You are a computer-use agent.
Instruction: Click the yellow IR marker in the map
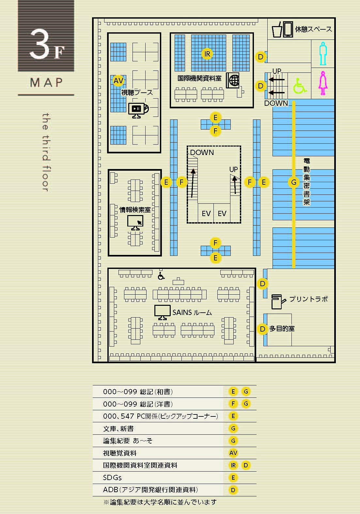tap(207, 54)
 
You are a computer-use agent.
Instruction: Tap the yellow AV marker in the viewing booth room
tap(118, 81)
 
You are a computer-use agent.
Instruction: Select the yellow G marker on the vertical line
tap(294, 182)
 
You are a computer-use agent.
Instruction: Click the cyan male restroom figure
tap(323, 54)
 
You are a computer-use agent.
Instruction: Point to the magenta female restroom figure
tap(323, 83)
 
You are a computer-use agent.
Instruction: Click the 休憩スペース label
tap(313, 29)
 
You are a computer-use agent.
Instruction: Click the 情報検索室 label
tap(135, 210)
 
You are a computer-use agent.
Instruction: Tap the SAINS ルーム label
tap(192, 312)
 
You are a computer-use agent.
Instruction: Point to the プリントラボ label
tap(309, 299)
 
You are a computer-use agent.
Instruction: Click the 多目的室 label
tap(282, 329)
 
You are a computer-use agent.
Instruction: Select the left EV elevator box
tap(206, 213)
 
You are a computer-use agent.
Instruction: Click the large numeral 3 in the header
tap(39, 43)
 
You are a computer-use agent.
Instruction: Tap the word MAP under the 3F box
tap(46, 82)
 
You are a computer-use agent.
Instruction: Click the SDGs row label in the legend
tap(112, 477)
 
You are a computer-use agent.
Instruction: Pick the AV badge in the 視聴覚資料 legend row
tap(233, 453)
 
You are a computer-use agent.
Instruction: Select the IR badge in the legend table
tap(233, 465)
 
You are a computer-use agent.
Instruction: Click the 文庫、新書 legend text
tap(118, 428)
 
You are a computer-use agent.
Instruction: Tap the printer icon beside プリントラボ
tap(278, 302)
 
